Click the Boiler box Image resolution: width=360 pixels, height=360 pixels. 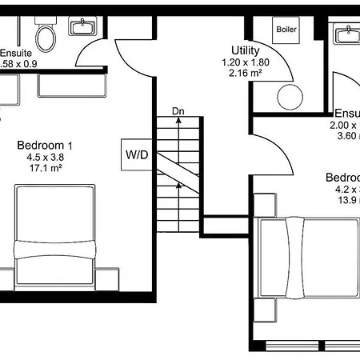click(x=286, y=30)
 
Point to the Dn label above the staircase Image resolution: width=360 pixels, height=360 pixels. click(x=178, y=110)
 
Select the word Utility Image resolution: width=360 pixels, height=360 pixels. click(x=244, y=50)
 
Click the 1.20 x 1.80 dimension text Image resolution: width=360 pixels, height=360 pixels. click(x=244, y=62)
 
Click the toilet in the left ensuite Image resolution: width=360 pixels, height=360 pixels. click(x=46, y=34)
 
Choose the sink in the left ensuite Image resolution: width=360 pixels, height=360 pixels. click(x=82, y=28)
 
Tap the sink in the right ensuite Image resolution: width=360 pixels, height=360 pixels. click(x=347, y=34)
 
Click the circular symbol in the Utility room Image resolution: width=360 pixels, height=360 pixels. click(x=289, y=97)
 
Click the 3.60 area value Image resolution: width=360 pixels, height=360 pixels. click(x=346, y=137)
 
